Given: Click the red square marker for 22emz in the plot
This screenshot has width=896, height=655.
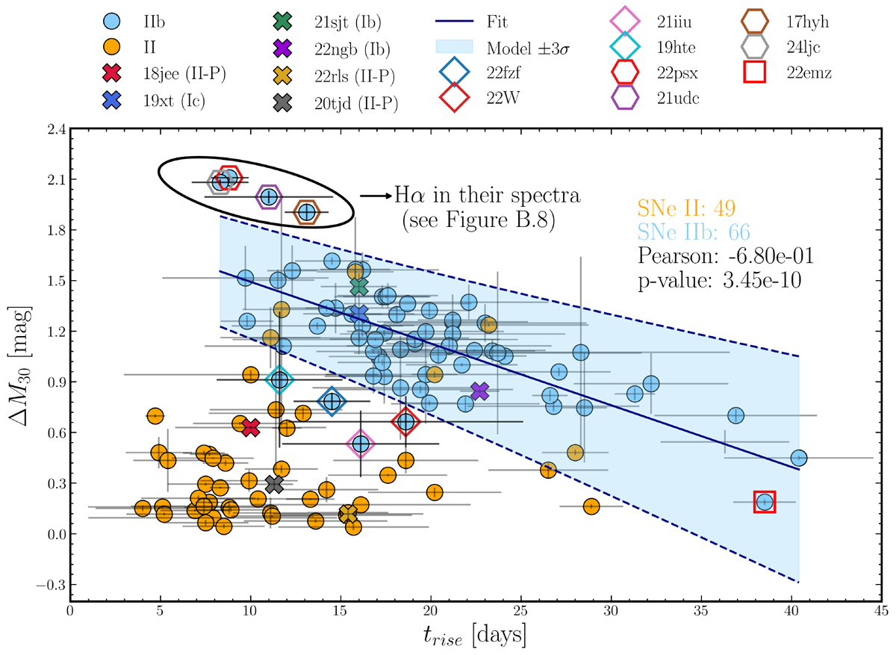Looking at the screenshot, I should [765, 502].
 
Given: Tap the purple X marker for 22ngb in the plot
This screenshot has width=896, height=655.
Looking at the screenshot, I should [479, 391].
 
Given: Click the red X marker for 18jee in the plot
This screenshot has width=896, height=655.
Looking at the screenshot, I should [251, 427].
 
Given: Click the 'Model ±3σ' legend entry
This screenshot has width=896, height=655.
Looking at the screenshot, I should [507, 48].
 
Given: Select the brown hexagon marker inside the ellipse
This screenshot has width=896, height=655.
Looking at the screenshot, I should [305, 212].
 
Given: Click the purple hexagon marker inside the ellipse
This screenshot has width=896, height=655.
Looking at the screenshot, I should [269, 197].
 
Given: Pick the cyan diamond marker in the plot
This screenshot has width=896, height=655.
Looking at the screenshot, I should [279, 379].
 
